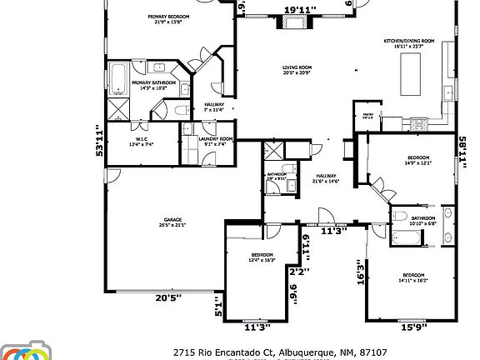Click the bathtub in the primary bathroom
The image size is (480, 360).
click(117, 79)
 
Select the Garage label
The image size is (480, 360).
click(172, 221)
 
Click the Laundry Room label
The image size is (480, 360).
click(215, 141)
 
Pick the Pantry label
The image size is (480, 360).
click(367, 115)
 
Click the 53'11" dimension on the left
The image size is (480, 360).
click(101, 140)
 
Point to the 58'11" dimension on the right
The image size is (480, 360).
click(461, 152)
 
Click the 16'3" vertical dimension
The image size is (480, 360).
click(361, 272)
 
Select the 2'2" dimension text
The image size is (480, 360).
click(298, 271)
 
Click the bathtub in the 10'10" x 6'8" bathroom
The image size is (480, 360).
click(406, 237)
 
